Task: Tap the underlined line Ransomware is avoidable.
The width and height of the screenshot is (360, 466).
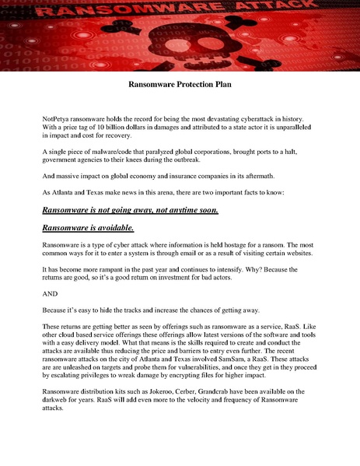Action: [x=88, y=227]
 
